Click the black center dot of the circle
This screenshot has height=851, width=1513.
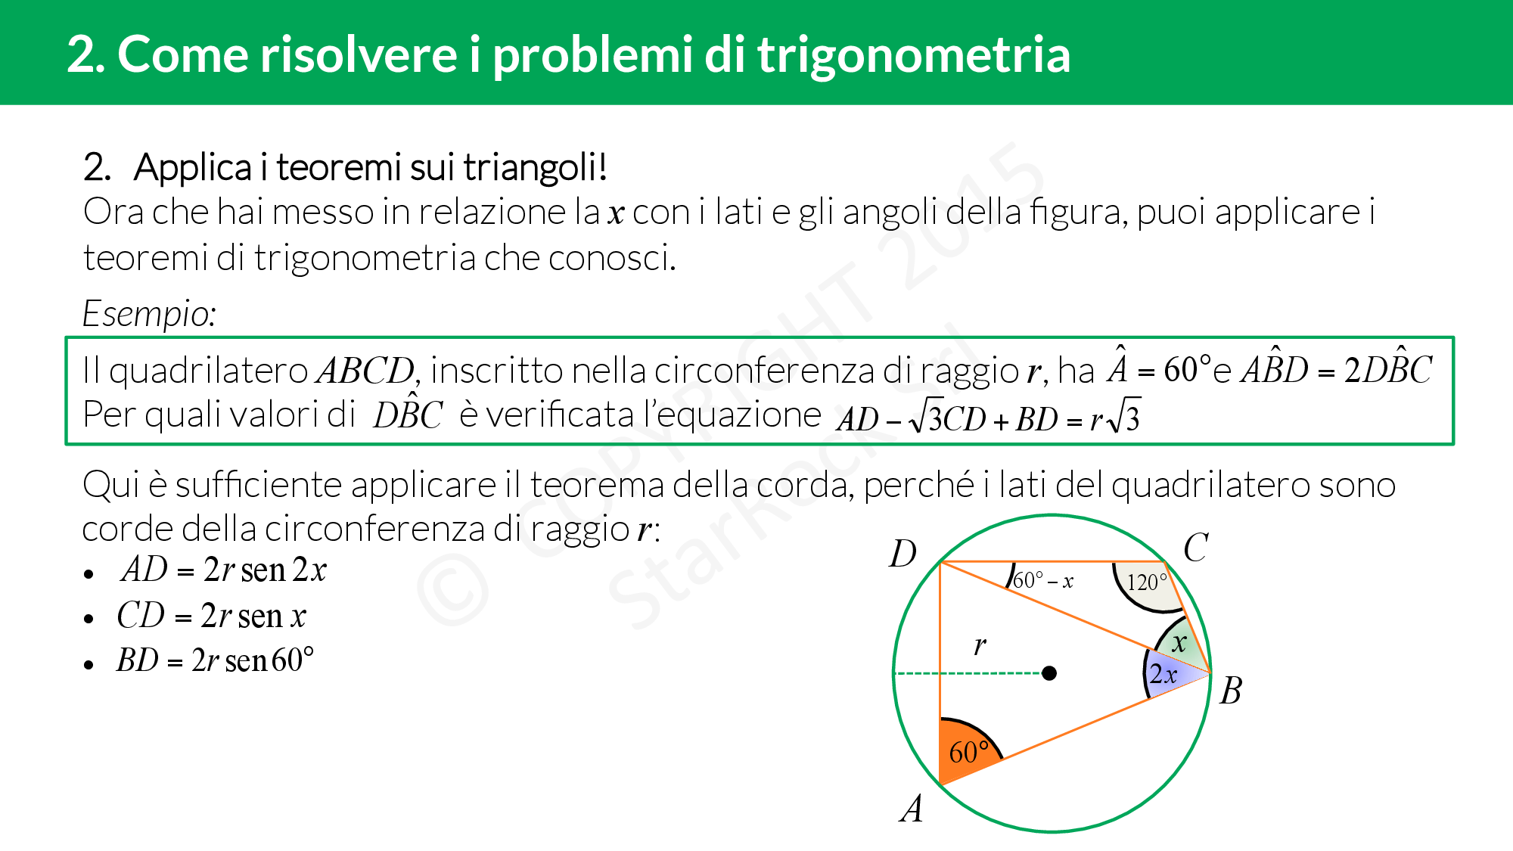[x=1049, y=672]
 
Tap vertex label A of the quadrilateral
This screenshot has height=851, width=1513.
[x=912, y=808]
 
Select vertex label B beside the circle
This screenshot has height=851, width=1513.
[x=1231, y=690]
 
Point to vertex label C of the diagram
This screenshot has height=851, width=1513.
[x=1196, y=548]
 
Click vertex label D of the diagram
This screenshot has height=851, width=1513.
[x=903, y=554]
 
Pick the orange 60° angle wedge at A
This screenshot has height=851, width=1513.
[x=965, y=748]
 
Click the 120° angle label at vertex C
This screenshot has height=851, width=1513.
[x=1147, y=582]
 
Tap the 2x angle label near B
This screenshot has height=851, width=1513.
[x=1163, y=673]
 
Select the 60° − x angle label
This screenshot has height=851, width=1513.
[x=1043, y=580]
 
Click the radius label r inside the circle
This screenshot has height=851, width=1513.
[x=980, y=644]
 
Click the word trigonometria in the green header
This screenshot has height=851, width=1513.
[x=914, y=55]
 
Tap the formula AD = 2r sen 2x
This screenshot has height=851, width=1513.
[x=224, y=570]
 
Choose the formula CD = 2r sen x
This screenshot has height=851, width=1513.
[x=212, y=615]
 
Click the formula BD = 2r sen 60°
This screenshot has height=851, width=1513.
[x=215, y=660]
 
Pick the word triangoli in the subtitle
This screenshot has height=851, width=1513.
[x=535, y=168]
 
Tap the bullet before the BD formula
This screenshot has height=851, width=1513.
[x=89, y=664]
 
